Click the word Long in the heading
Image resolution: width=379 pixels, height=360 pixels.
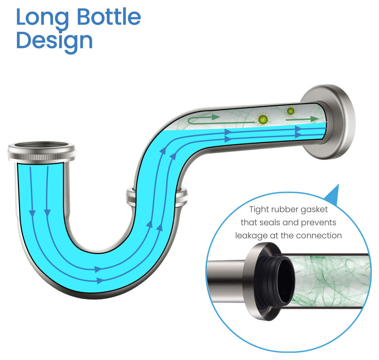(42, 18)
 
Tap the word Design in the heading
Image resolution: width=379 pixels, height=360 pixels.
(54, 41)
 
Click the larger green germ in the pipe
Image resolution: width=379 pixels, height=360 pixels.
(263, 119)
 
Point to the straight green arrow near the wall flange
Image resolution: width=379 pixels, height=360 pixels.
(302, 119)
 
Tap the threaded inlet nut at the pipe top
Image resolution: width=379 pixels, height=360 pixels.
(42, 152)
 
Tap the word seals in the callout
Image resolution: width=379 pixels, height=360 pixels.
(270, 223)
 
